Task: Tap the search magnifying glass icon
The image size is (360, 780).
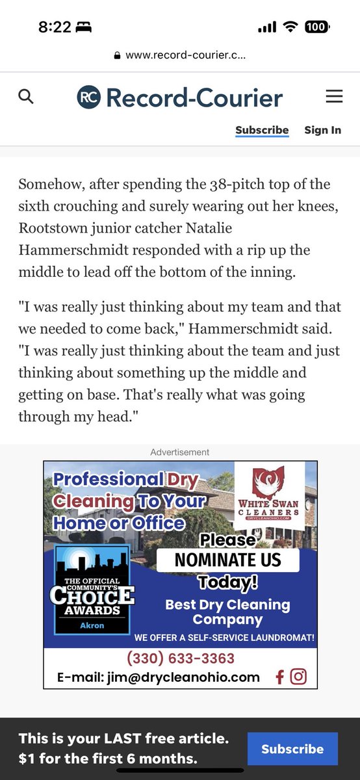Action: tap(26, 97)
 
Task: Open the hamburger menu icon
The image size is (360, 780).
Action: tap(334, 97)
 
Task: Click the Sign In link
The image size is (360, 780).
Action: tap(322, 130)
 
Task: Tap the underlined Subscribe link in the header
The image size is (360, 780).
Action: tap(262, 130)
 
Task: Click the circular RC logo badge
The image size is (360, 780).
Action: tap(89, 97)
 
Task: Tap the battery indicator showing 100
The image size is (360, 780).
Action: tap(316, 27)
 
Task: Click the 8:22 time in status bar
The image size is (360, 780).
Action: tap(55, 27)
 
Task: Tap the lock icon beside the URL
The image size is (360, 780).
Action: tap(117, 56)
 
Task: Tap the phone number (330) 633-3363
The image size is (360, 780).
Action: tap(180, 658)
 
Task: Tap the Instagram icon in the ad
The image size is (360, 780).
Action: tap(298, 677)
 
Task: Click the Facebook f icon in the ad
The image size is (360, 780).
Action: tap(280, 677)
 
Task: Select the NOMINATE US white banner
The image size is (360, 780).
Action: tap(227, 559)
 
